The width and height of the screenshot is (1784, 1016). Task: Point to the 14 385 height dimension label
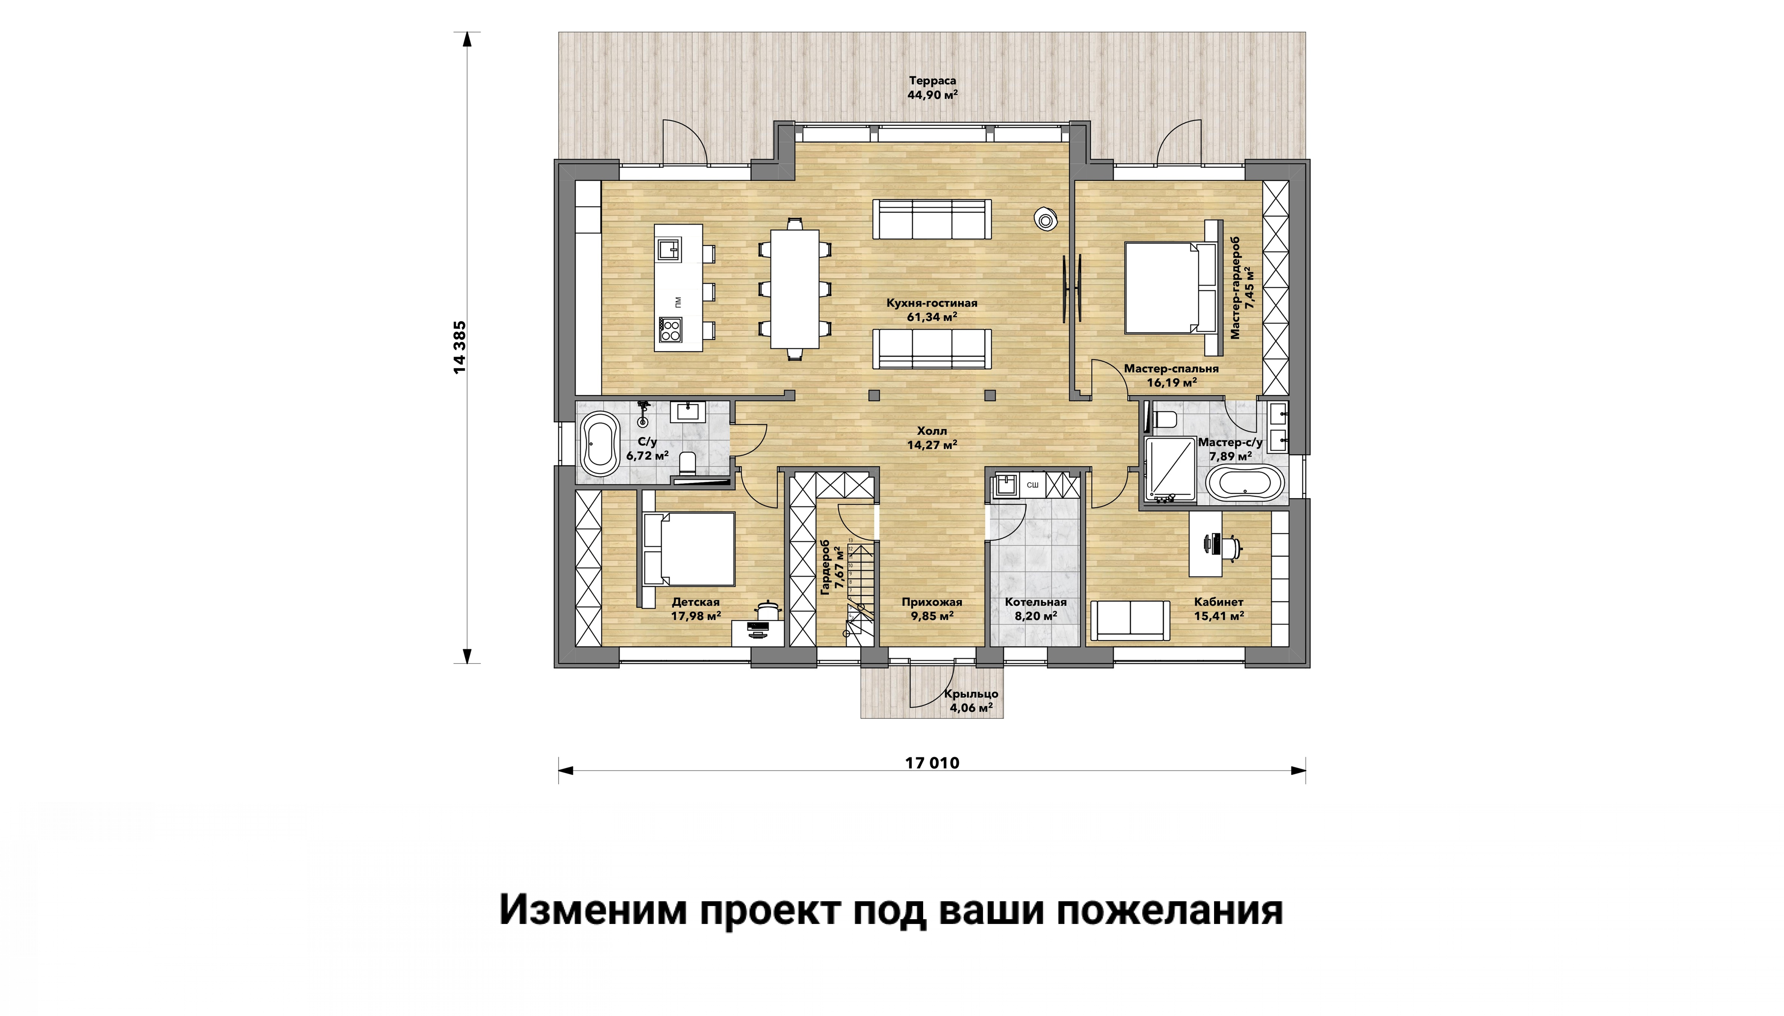459,347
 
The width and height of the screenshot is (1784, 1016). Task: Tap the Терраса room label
932,81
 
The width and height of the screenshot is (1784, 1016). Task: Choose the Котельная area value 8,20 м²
1036,616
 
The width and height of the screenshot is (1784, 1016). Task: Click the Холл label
932,431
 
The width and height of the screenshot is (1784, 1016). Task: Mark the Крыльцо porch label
971,694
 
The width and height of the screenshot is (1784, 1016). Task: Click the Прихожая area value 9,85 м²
932,616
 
